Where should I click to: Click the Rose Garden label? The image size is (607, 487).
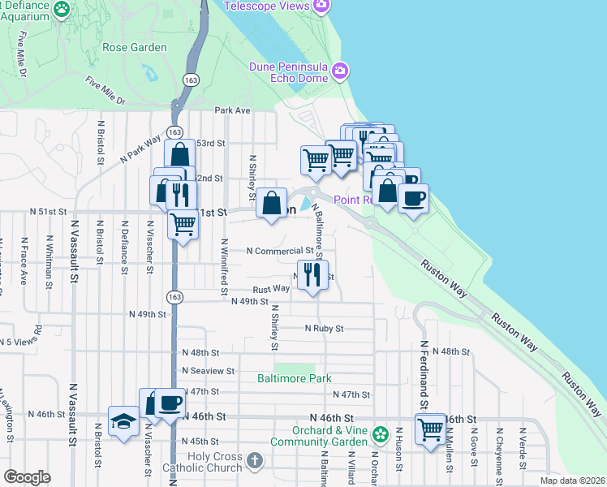(134, 47)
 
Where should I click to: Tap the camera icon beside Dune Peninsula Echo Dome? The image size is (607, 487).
(341, 71)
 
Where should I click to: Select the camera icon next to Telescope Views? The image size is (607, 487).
(322, 6)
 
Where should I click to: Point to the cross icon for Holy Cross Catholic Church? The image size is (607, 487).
(254, 461)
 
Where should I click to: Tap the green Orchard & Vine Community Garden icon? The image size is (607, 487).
(379, 436)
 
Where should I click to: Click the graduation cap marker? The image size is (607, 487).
(123, 421)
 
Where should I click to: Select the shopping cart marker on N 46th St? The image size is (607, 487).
(430, 427)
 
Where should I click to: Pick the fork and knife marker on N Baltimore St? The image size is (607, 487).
(312, 274)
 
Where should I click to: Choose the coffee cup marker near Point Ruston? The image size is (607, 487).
(413, 198)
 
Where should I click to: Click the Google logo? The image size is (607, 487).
(27, 477)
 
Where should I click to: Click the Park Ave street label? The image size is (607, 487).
(232, 110)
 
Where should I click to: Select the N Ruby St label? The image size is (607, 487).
(325, 329)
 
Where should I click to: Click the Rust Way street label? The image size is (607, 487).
(270, 288)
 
